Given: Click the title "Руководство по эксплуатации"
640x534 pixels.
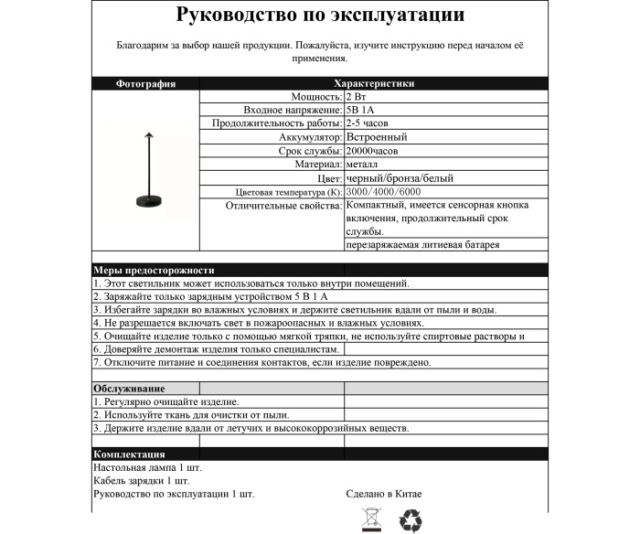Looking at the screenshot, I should pyautogui.click(x=319, y=16).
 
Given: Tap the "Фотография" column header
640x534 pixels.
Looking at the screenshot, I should pyautogui.click(x=145, y=83).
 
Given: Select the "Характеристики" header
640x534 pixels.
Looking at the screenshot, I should pyautogui.click(x=375, y=83).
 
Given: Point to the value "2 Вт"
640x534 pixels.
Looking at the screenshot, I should pyautogui.click(x=357, y=96).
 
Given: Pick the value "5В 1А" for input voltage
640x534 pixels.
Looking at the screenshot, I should pyautogui.click(x=360, y=110).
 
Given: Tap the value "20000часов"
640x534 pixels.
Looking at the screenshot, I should pyautogui.click(x=371, y=151).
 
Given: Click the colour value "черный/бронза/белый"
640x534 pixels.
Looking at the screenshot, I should pyautogui.click(x=399, y=178).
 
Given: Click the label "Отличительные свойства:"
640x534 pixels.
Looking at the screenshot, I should pyautogui.click(x=283, y=207).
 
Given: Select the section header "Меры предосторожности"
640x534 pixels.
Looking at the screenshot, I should pyautogui.click(x=154, y=271).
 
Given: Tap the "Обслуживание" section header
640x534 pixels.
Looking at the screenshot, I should pyautogui.click(x=129, y=389).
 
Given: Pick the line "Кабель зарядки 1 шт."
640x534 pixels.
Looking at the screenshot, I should pyautogui.click(x=142, y=480).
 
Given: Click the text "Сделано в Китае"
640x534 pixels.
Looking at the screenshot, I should pyautogui.click(x=384, y=494).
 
